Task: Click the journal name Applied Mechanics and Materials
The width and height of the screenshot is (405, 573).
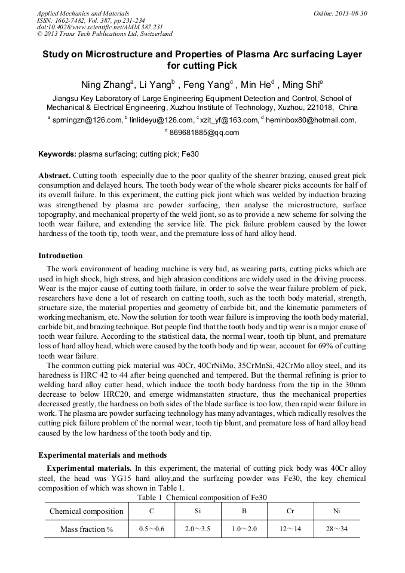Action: (83, 13)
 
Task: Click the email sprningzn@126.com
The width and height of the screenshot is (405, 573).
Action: (87, 120)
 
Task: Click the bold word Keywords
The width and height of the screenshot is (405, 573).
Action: (57, 154)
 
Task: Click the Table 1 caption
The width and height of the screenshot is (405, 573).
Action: (202, 497)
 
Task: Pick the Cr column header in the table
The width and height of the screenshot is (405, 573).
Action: (290, 511)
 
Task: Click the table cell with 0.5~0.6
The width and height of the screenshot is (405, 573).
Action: (152, 529)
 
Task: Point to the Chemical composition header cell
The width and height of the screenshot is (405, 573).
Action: (86, 511)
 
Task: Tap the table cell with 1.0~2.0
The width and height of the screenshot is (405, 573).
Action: (244, 529)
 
